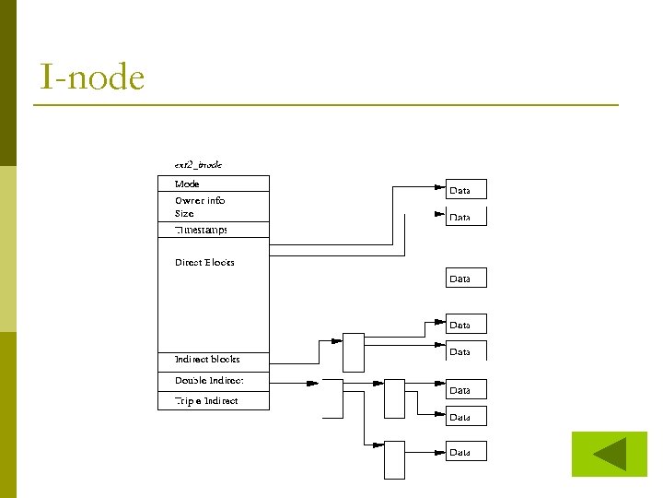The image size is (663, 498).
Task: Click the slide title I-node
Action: (x=92, y=77)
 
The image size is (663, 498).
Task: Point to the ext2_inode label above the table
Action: (x=198, y=164)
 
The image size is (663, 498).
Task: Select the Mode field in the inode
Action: (x=187, y=184)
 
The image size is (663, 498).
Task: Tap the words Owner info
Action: (x=200, y=200)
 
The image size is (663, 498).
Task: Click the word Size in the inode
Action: (x=184, y=213)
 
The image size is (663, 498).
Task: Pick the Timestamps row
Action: (x=201, y=230)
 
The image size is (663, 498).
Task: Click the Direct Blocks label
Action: (x=204, y=262)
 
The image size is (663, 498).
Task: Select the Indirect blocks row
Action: (x=207, y=359)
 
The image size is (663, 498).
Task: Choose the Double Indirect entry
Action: (x=209, y=380)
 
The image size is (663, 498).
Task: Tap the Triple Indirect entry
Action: (x=206, y=400)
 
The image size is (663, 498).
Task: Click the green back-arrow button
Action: (x=609, y=454)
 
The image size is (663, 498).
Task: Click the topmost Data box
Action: (x=466, y=190)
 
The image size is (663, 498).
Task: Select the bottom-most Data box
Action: (x=466, y=452)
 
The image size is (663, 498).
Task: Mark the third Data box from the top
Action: (x=466, y=278)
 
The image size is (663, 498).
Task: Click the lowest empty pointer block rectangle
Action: (x=394, y=459)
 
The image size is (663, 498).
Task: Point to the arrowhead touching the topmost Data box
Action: (x=440, y=187)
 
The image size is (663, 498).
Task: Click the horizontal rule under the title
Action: (x=326, y=105)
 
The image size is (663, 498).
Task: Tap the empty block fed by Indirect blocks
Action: (x=354, y=352)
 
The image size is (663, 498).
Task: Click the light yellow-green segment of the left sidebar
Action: (x=8, y=249)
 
